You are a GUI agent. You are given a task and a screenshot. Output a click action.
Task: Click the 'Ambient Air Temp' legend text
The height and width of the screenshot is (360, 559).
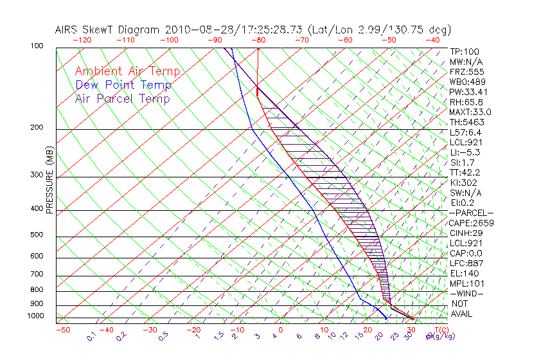pyautogui.click(x=127, y=71)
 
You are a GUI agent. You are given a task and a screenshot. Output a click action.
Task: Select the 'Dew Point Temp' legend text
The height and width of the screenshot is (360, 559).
pyautogui.click(x=123, y=85)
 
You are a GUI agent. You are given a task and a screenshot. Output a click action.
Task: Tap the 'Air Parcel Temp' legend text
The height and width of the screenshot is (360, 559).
pyautogui.click(x=122, y=98)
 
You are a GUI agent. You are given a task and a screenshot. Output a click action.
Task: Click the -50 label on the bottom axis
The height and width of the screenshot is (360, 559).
pyautogui.click(x=62, y=330)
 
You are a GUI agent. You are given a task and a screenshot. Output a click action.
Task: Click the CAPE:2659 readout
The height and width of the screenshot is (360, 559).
pyautogui.click(x=471, y=222)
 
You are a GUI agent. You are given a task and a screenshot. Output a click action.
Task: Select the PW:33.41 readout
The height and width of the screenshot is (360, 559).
pyautogui.click(x=468, y=92)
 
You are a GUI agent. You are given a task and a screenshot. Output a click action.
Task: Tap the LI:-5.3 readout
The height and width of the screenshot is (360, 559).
pyautogui.click(x=466, y=152)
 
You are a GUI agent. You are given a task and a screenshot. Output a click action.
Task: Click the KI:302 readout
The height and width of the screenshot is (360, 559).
pyautogui.click(x=465, y=183)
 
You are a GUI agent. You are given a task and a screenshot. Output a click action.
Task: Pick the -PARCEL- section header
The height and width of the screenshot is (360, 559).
pyautogui.click(x=471, y=213)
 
